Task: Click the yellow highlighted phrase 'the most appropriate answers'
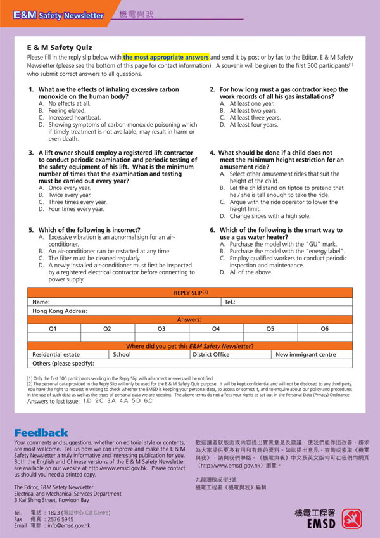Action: pyautogui.click(x=166, y=57)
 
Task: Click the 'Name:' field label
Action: pyautogui.click(x=41, y=302)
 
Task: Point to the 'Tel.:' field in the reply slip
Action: pyautogui.click(x=230, y=302)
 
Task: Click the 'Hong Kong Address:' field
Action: pyautogui.click(x=60, y=311)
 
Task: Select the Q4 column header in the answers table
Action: pyautogui.click(x=216, y=329)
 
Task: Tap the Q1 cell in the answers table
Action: pyautogui.click(x=53, y=329)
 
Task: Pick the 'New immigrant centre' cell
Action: pyautogui.click(x=306, y=355)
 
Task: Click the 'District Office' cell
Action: pyautogui.click(x=211, y=355)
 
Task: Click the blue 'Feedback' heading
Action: pyautogui.click(x=41, y=432)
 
